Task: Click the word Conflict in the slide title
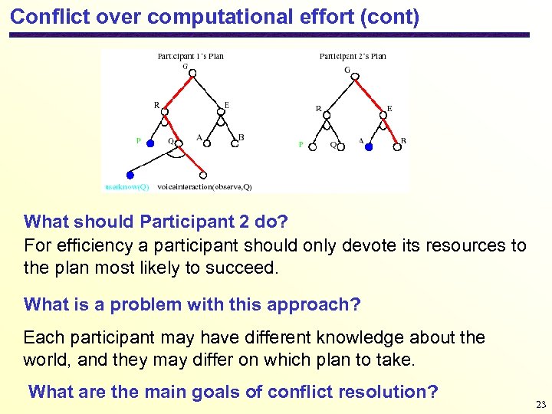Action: (x=48, y=16)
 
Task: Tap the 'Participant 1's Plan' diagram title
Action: (x=190, y=56)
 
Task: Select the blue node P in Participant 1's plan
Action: (x=151, y=143)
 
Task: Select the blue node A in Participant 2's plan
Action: (x=369, y=146)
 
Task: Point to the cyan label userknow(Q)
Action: (x=127, y=187)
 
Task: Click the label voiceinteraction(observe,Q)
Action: (x=204, y=187)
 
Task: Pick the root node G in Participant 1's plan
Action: (x=192, y=74)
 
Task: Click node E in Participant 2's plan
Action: (x=382, y=113)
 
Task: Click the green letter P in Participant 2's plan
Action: (x=301, y=144)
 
